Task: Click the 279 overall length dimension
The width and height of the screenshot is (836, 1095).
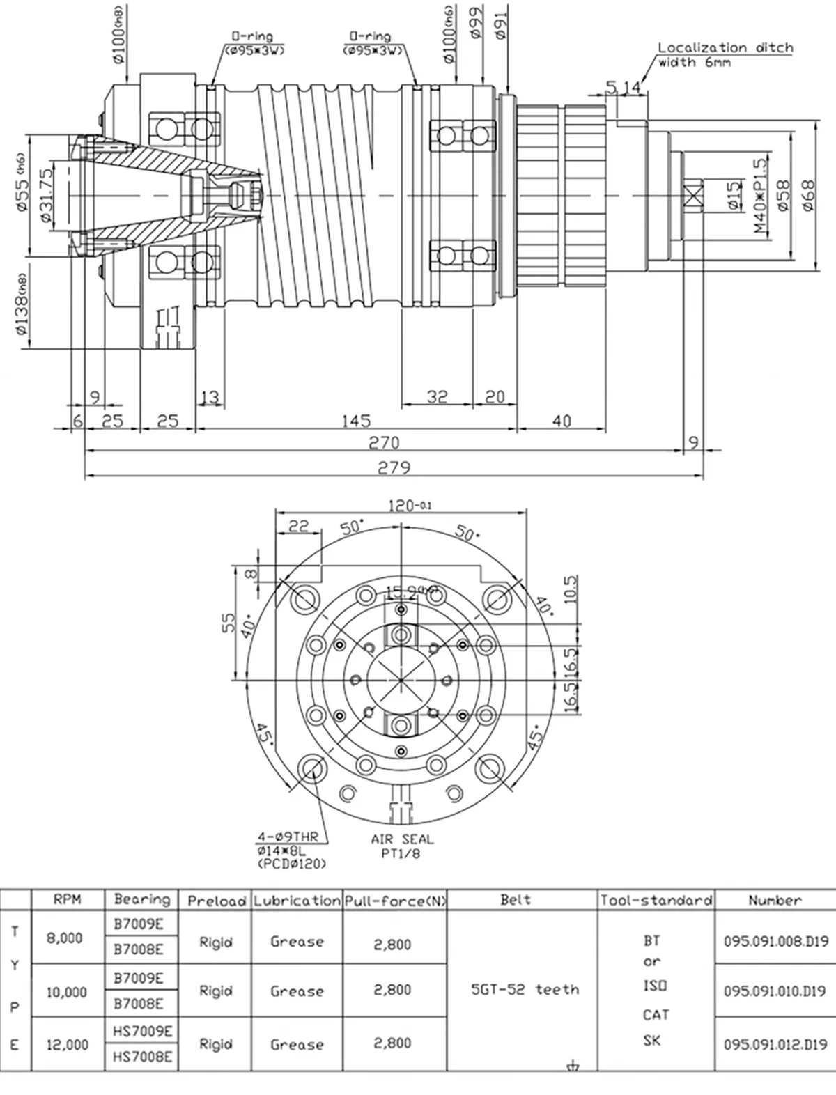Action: click(394, 468)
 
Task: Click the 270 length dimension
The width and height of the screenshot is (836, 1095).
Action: click(384, 443)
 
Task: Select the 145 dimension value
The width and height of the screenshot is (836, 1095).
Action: click(356, 421)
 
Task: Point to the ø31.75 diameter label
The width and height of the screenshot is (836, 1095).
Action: click(47, 196)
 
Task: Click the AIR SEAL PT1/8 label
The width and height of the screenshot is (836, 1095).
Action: click(402, 846)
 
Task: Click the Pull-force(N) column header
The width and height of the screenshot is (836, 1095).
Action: click(395, 901)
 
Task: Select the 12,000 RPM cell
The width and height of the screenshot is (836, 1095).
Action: click(68, 1044)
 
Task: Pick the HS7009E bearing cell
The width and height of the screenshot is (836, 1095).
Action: click(142, 1031)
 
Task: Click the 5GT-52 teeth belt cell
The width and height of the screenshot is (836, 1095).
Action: click(525, 989)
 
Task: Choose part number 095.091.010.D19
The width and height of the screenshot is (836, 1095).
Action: click(775, 991)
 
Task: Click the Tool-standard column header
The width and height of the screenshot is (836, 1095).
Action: click(656, 901)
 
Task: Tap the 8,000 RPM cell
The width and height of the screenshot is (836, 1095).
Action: click(65, 938)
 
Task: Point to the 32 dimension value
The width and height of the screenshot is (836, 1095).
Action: click(437, 396)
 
